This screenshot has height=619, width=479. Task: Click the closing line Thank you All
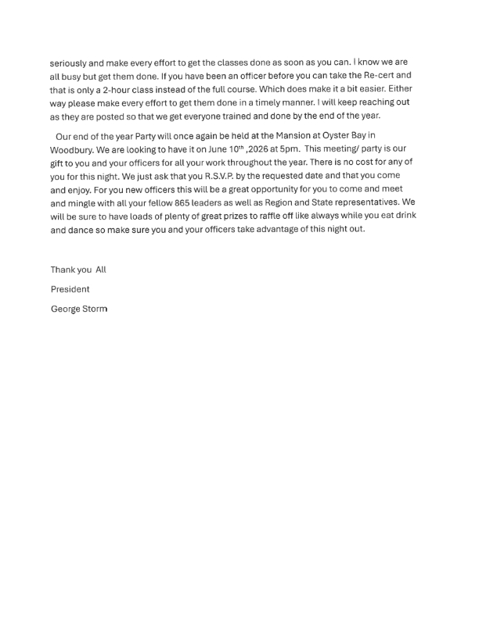(x=78, y=270)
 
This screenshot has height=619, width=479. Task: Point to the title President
(x=70, y=289)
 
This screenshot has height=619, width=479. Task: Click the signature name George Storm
(x=79, y=309)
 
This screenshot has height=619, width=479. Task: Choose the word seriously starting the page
(x=70, y=62)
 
